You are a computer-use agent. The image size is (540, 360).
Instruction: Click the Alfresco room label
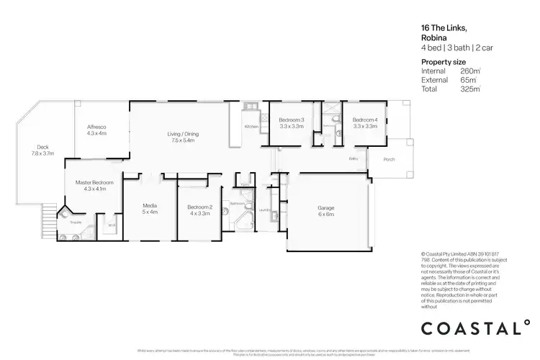pyautogui.click(x=96, y=127)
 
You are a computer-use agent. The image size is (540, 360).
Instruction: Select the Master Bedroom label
pyautogui.click(x=94, y=182)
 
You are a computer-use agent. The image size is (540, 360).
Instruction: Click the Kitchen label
pyautogui.click(x=251, y=127)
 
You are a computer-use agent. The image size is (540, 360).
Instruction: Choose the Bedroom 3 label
pyautogui.click(x=292, y=120)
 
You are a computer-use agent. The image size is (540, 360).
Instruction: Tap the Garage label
pyautogui.click(x=326, y=207)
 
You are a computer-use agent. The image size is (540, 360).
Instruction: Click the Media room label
pyautogui.click(x=149, y=207)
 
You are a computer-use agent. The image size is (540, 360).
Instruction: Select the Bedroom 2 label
pyautogui.click(x=199, y=207)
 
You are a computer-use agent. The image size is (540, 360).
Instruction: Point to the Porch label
pyautogui.click(x=389, y=159)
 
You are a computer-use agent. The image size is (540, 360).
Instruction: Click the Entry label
pyautogui.click(x=353, y=158)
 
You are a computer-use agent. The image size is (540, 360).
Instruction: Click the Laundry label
pyautogui.click(x=264, y=210)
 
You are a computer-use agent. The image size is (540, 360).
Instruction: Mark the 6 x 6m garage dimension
pyautogui.click(x=326, y=214)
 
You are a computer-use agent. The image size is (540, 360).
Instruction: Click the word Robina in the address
pyautogui.click(x=433, y=39)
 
